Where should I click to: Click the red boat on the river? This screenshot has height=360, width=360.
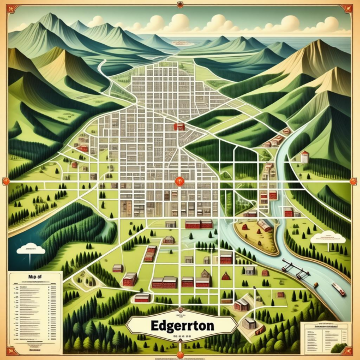[338, 289]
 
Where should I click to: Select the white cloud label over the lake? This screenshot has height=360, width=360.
[31, 248]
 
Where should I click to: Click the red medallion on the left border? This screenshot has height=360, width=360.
[8, 181]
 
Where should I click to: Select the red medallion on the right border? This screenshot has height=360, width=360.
[352, 181]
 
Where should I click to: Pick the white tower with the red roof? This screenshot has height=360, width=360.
[304, 157]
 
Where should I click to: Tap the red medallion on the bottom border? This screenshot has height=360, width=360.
[180, 355]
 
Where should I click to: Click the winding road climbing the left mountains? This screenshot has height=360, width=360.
[104, 71]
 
